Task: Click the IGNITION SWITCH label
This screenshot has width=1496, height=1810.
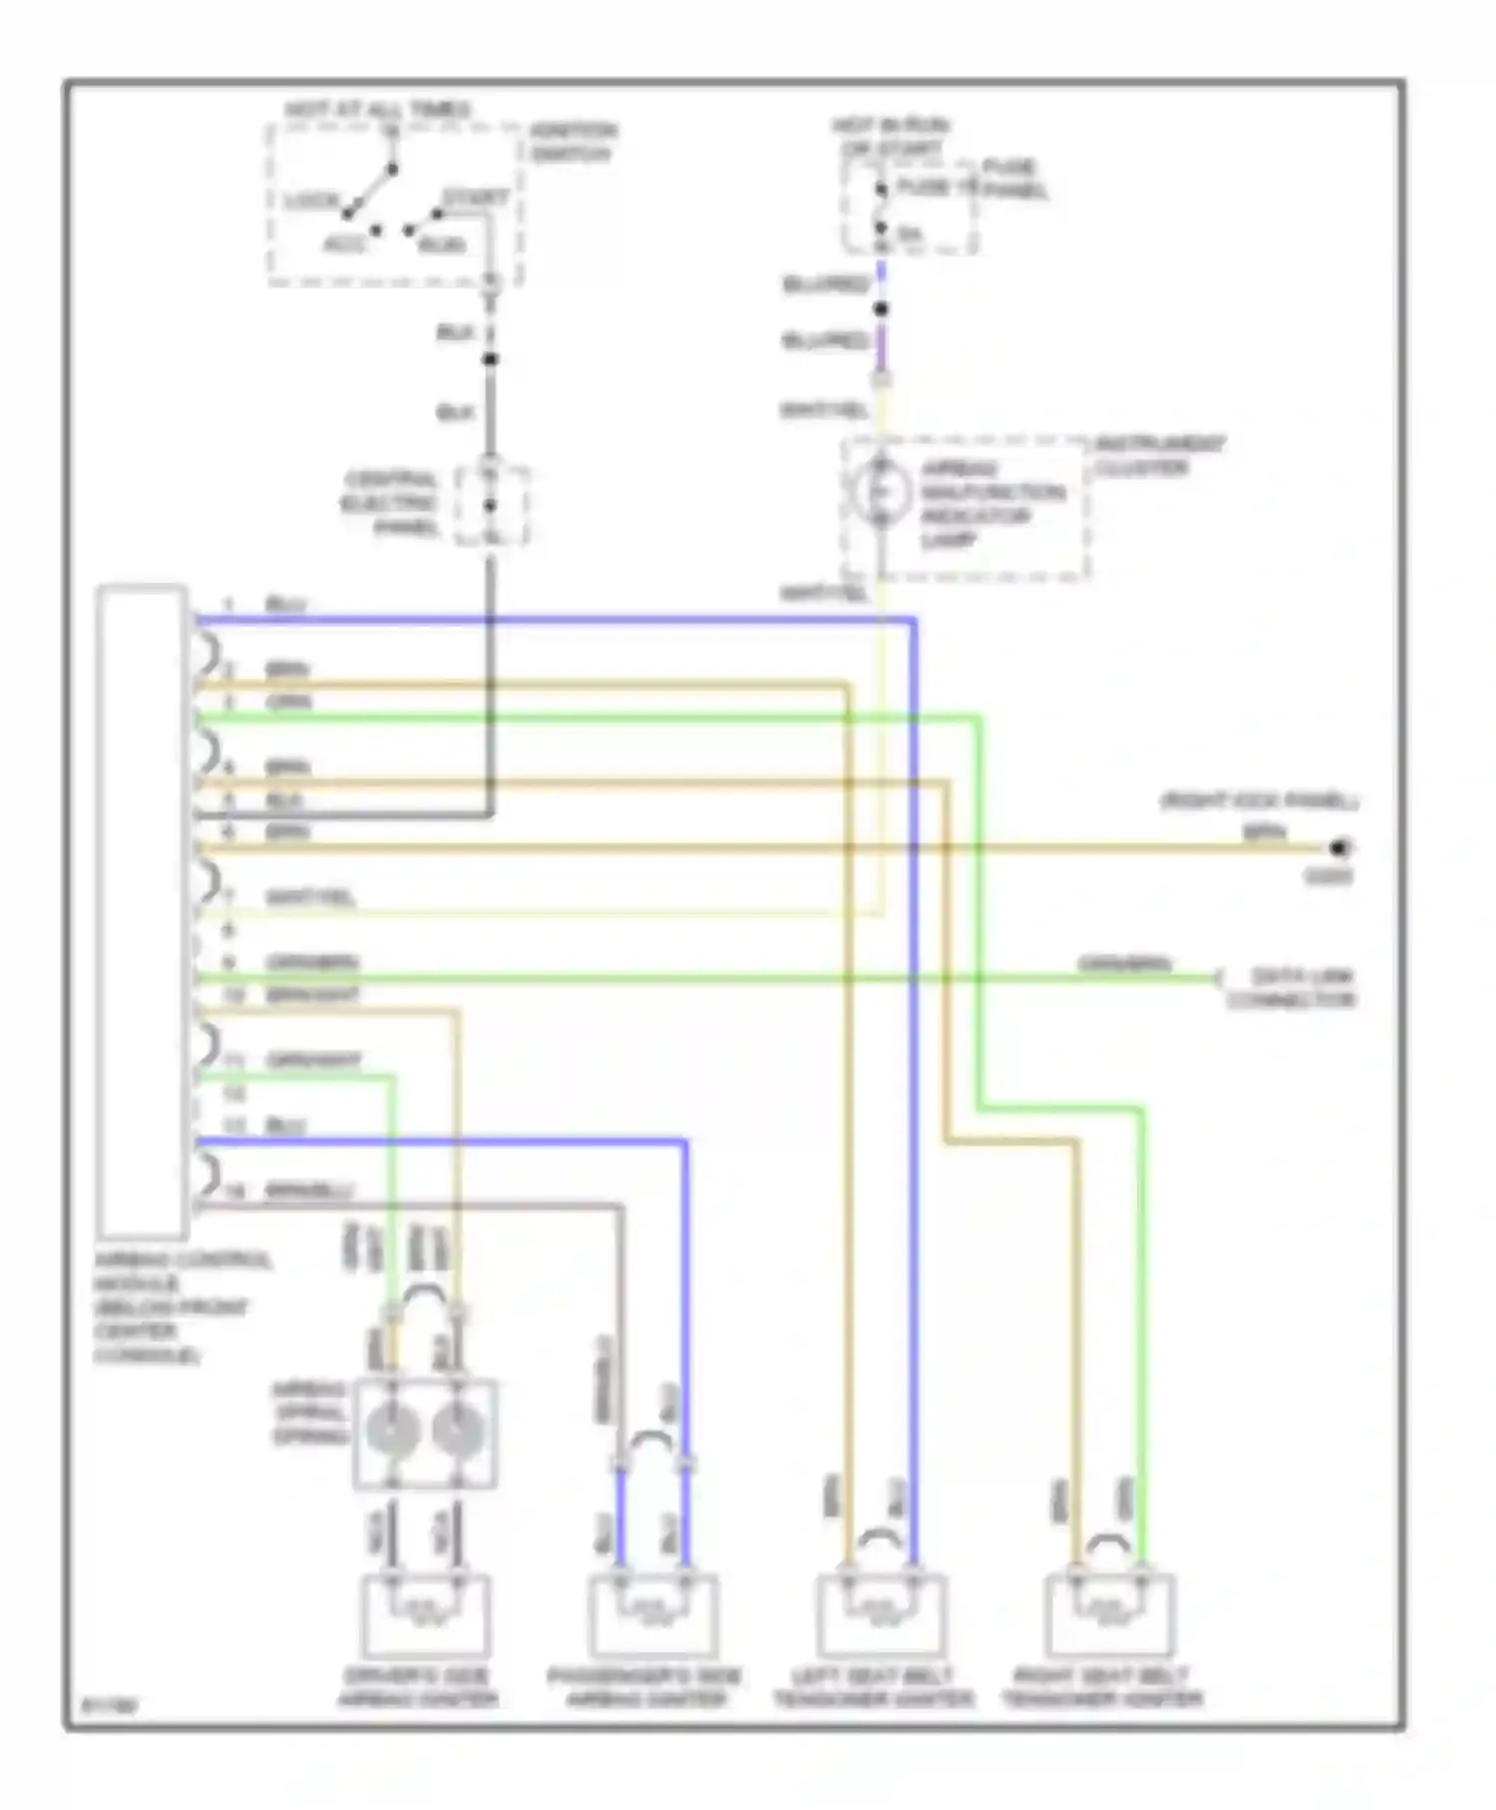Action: point(572,143)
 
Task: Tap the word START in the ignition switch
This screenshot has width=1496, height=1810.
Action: point(476,198)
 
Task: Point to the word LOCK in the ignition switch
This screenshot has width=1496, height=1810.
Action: point(312,201)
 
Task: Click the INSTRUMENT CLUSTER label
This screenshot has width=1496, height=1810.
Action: point(1159,456)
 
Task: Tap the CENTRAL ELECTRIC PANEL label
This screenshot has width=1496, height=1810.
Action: point(391,504)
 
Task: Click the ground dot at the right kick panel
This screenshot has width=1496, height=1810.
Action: point(1339,848)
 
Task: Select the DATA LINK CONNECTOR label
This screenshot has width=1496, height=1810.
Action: point(1292,989)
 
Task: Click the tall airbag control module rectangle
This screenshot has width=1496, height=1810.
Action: point(143,910)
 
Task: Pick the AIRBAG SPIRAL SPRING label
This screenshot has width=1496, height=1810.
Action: point(309,1413)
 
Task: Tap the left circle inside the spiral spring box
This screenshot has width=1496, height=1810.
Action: point(392,1431)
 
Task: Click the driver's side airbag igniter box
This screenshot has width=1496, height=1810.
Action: point(425,1616)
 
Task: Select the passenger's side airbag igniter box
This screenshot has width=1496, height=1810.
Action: point(653,1616)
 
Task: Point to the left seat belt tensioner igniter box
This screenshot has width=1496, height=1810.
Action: point(882,1616)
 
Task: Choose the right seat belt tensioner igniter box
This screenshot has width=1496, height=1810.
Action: point(1109,1616)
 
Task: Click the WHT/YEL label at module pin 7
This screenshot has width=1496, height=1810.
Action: point(310,898)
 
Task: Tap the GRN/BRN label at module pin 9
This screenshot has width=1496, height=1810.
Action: point(311,963)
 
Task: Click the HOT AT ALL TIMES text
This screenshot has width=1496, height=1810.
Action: point(377,109)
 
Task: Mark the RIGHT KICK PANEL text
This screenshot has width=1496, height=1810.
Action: point(1259,801)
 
